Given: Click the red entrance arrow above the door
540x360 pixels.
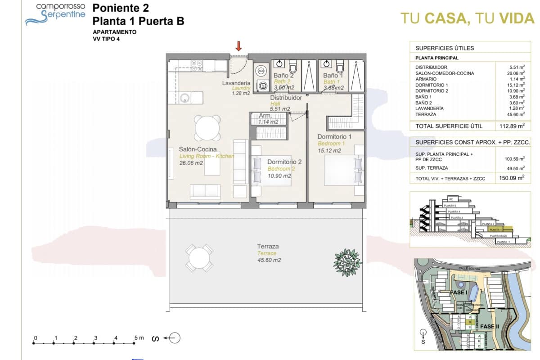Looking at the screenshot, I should [x=239, y=45].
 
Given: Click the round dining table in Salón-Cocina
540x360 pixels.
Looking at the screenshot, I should [x=207, y=128].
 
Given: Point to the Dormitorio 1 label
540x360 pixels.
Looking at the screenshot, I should [x=334, y=136].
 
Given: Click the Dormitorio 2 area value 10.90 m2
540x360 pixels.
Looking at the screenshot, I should [x=279, y=175].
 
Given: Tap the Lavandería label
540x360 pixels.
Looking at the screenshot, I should [x=236, y=84].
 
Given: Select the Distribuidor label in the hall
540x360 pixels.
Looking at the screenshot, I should [x=286, y=98].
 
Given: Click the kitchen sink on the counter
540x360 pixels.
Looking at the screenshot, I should [x=184, y=97].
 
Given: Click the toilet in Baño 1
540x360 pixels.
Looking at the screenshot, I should [x=340, y=67].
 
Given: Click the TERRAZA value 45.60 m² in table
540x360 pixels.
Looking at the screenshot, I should [x=516, y=114].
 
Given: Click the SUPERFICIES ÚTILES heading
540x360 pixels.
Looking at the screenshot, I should [x=444, y=48].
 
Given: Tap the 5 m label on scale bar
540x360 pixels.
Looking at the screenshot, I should [x=139, y=338].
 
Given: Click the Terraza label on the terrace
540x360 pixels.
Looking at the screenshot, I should [x=268, y=246].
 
